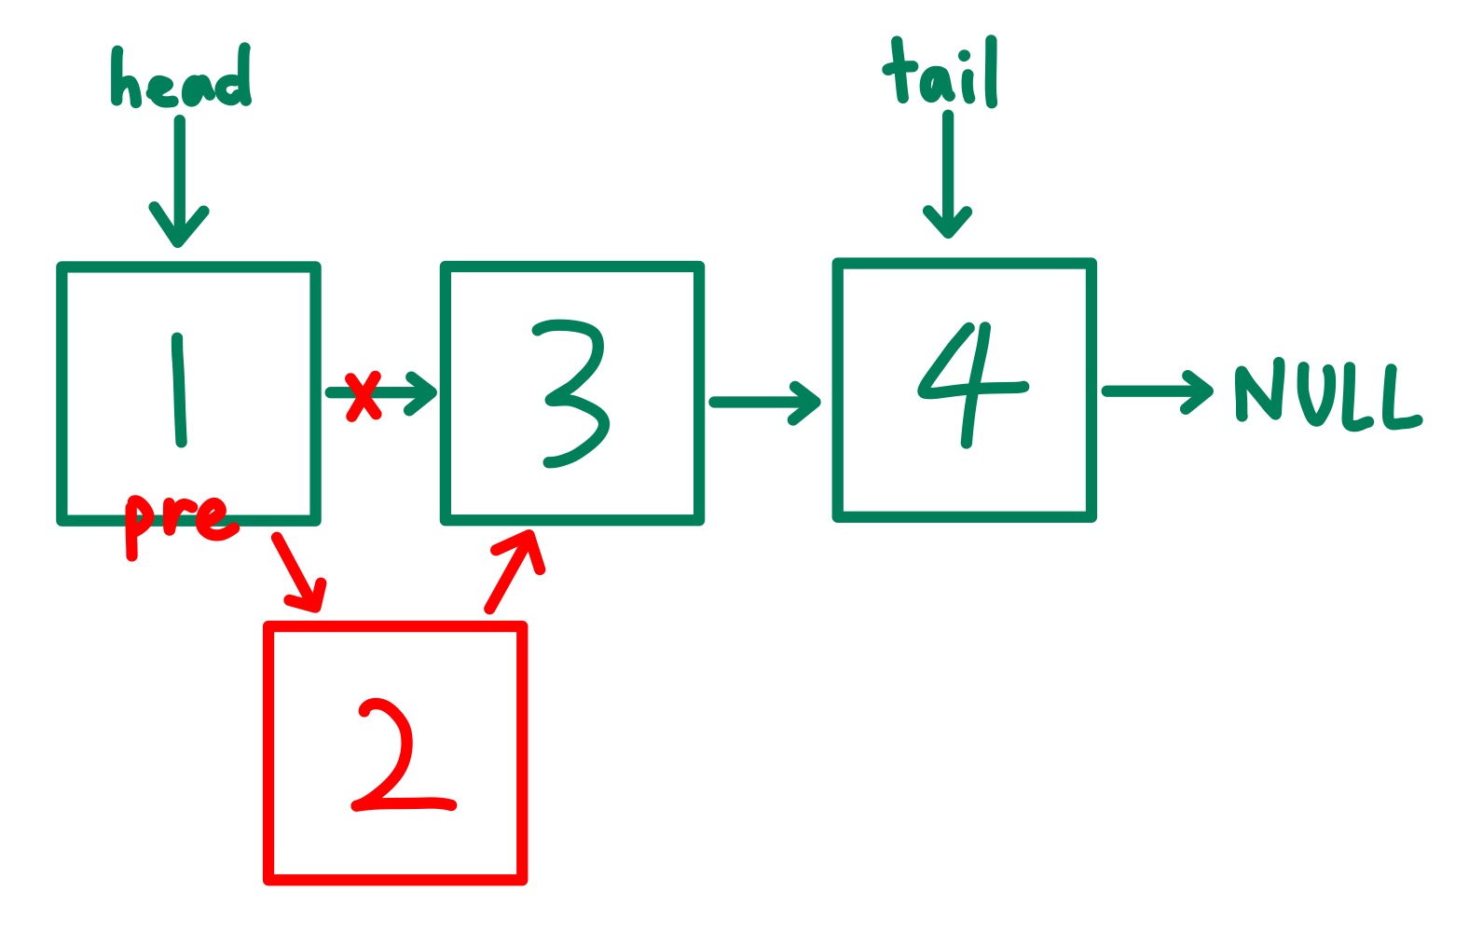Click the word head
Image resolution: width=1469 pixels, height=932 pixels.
181,78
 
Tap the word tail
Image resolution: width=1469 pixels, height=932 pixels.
940,73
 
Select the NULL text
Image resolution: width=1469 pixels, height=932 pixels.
1327,395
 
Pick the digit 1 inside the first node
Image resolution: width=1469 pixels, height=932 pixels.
178,391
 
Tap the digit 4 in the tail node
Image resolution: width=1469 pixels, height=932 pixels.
969,384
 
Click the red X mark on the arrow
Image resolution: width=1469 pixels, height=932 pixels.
363,396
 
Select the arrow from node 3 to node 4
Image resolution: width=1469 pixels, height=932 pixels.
764,403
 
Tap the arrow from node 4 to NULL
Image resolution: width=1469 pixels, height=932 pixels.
1157,391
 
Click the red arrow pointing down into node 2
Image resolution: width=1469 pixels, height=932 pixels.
298,571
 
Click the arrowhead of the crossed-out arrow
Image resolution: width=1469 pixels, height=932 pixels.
424,391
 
